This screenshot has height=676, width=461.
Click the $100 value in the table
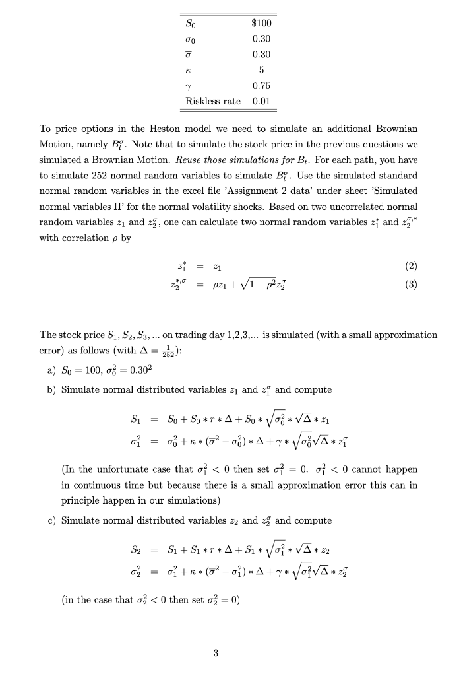click(261, 23)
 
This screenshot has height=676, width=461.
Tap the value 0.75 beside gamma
click(261, 86)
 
